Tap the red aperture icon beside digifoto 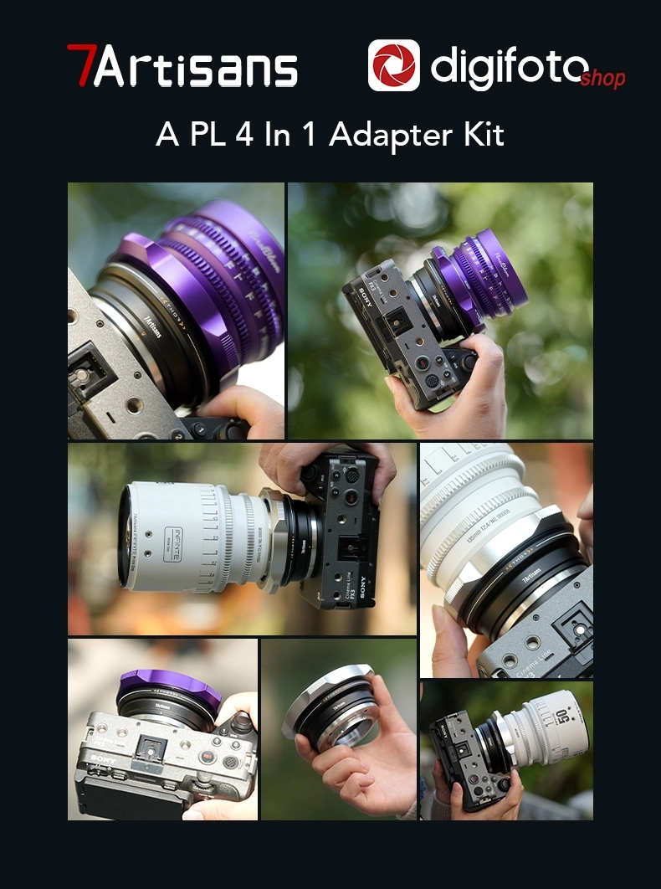(393, 65)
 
